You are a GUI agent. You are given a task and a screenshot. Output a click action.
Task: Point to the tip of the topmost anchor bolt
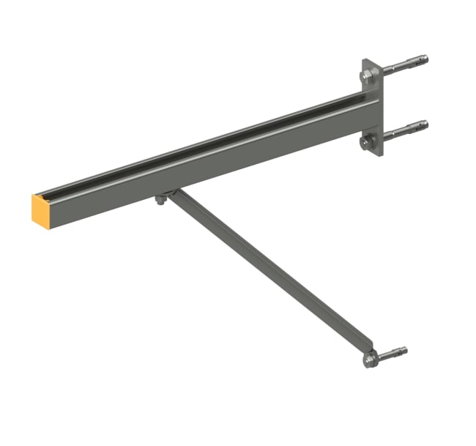tap(425, 59)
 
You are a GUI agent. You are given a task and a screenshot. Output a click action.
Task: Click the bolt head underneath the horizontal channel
tap(159, 200)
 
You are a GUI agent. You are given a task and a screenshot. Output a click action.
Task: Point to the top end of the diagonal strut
tap(170, 193)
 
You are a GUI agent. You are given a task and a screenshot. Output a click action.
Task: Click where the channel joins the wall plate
tap(362, 110)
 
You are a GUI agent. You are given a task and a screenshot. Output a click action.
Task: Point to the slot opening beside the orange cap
tap(51, 194)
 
